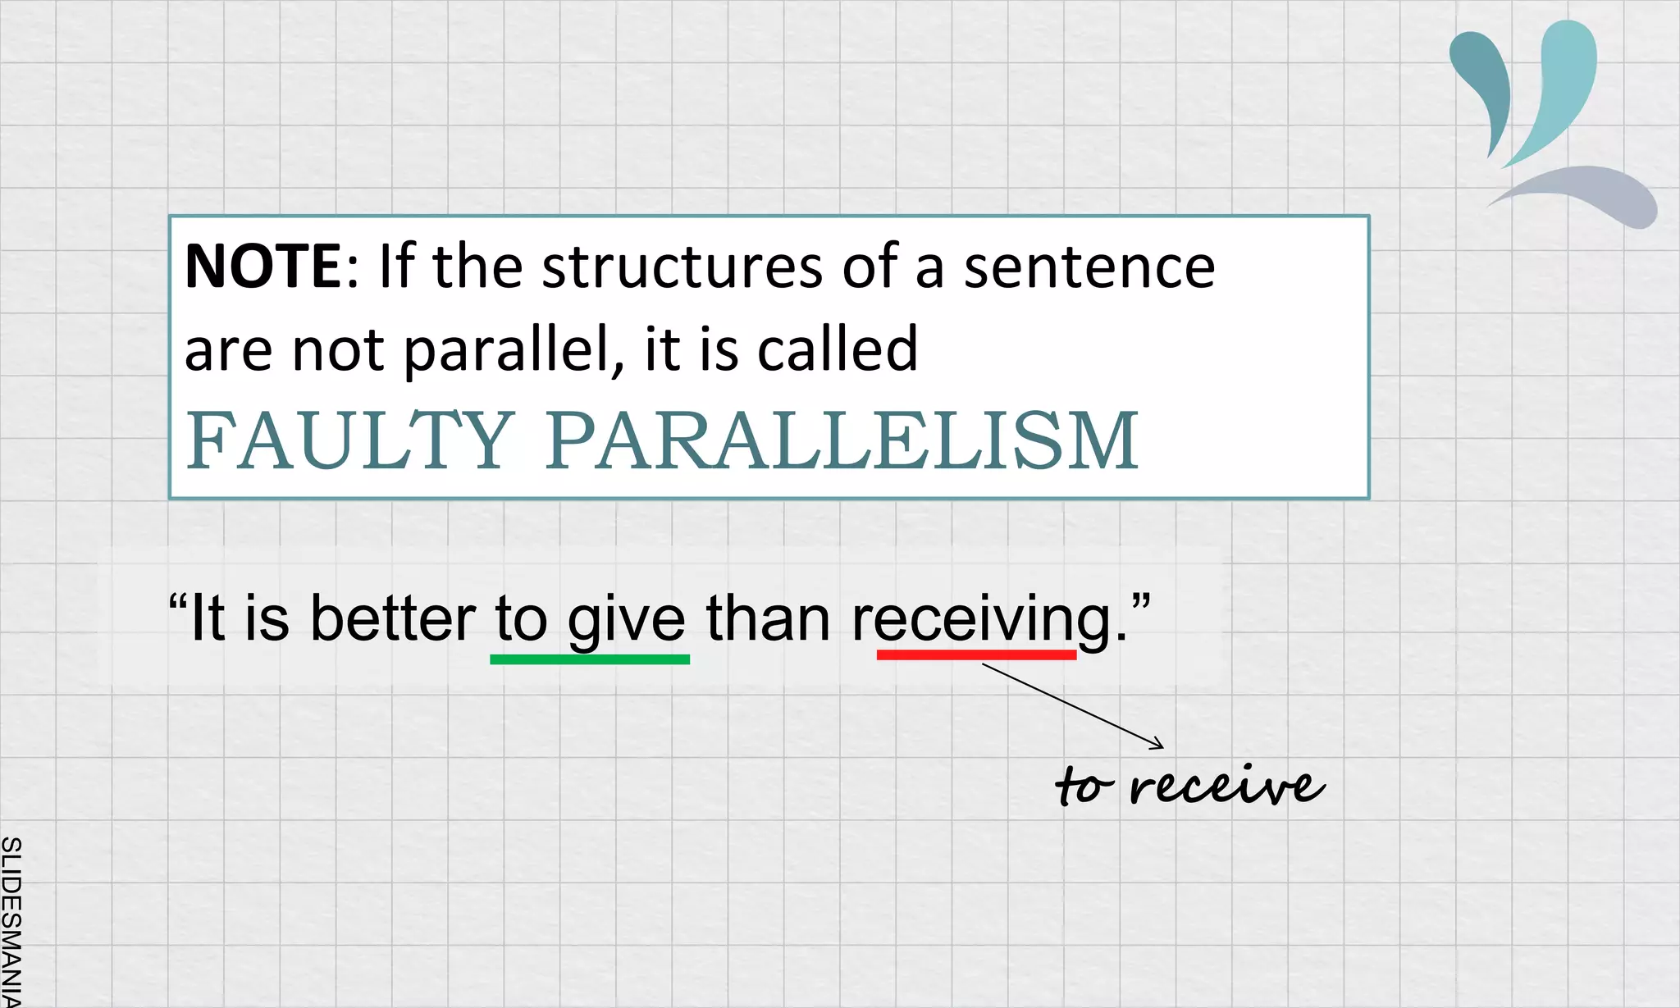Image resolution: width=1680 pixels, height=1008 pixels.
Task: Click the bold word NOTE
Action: click(262, 267)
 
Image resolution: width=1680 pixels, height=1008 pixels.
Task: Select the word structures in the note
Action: click(682, 267)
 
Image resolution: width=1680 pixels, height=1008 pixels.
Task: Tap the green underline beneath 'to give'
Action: click(589, 659)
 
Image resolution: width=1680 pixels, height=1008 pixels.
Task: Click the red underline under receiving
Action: click(976, 655)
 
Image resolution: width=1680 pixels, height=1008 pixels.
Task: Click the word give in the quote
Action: click(626, 619)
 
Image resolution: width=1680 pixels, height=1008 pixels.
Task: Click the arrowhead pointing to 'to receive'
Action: click(1158, 745)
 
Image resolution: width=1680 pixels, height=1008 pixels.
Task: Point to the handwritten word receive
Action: click(1226, 786)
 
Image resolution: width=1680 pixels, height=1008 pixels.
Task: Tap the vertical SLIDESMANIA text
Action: click(11, 919)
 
